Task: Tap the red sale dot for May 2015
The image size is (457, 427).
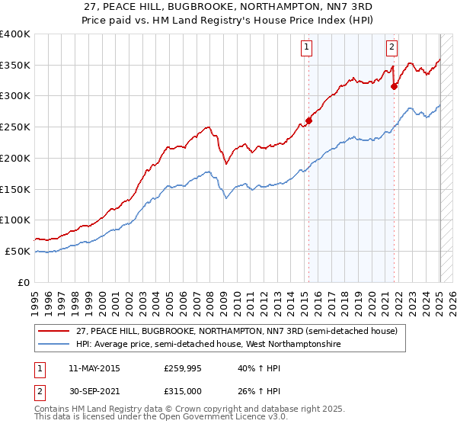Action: click(x=309, y=120)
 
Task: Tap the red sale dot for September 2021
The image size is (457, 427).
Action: click(x=395, y=86)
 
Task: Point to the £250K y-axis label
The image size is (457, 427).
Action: click(x=15, y=127)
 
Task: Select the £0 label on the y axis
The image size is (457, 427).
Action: click(x=24, y=282)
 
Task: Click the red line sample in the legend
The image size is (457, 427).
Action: click(x=53, y=332)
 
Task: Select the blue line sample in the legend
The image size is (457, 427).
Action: click(x=53, y=345)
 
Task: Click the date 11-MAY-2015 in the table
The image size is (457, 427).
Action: click(x=94, y=369)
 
